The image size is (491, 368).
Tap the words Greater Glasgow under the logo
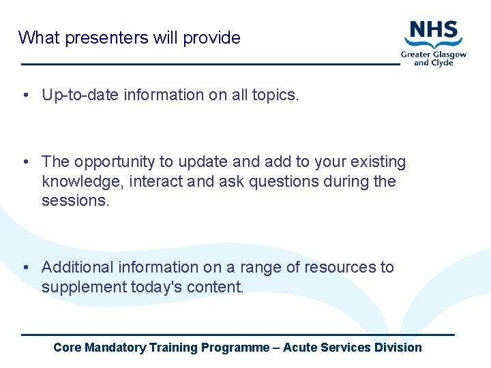point(434,55)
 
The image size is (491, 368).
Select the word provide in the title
point(211,37)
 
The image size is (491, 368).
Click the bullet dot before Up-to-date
point(25,95)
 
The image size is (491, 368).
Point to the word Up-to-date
point(80,95)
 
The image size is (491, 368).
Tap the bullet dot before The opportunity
point(25,162)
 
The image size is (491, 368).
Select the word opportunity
point(115,162)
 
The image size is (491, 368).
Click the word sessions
point(75,200)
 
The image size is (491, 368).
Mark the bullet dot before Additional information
point(25,268)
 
